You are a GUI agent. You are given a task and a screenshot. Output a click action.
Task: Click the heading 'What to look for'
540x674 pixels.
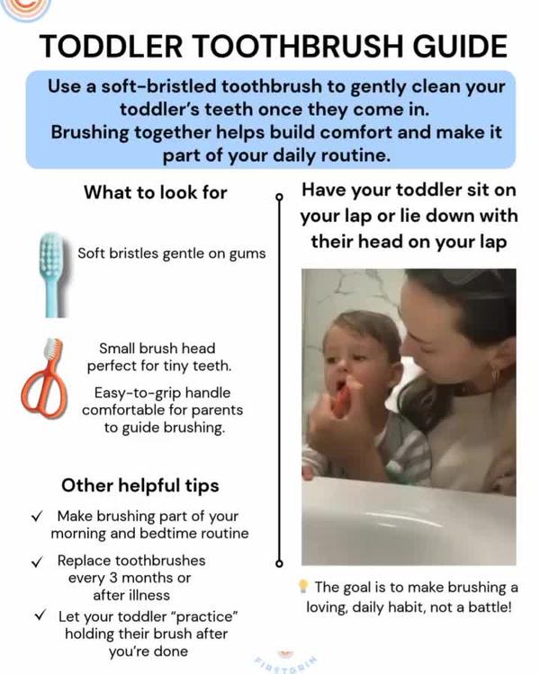(155, 191)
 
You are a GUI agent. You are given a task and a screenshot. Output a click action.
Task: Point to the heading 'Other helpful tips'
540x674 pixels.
(139, 485)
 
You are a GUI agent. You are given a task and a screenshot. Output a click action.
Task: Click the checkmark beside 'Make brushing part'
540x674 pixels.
(36, 517)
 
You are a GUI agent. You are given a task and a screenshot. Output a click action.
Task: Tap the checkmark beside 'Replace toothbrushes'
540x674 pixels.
(36, 561)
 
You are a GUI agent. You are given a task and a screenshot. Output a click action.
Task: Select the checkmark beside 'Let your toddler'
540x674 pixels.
(40, 616)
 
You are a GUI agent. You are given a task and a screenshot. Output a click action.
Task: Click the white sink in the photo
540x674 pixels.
(405, 521)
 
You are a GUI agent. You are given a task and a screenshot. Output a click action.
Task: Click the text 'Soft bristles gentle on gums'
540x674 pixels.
(171, 253)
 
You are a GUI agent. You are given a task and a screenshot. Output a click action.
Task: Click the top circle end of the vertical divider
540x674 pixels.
(279, 194)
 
